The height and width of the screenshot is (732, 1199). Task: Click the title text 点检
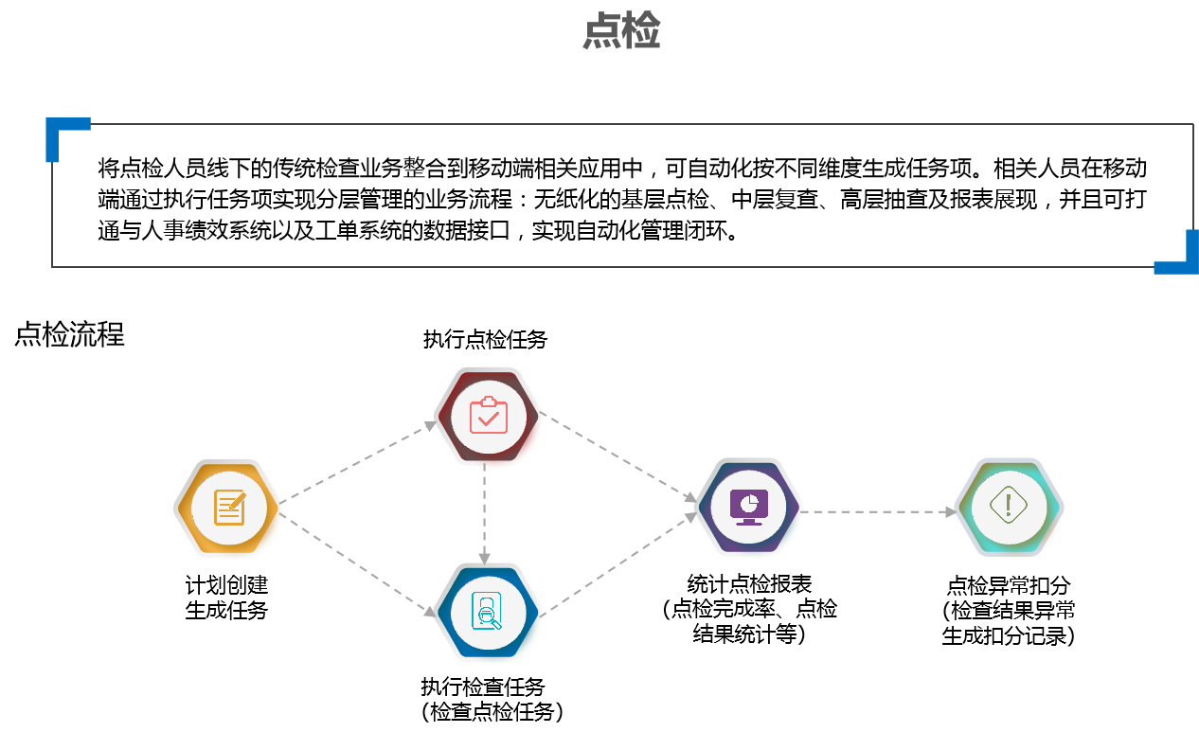(x=621, y=31)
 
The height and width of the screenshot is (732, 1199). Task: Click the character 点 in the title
(x=601, y=31)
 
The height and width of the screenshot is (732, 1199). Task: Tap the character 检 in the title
(x=641, y=31)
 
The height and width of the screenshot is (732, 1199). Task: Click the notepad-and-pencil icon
(x=229, y=508)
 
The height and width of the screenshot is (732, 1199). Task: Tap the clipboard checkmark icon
(x=489, y=415)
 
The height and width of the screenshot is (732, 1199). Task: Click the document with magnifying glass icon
(x=488, y=611)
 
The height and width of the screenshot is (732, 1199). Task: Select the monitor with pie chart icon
(x=749, y=506)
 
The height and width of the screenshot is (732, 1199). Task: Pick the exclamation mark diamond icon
(x=1009, y=505)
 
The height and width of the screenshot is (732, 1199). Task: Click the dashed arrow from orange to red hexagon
(x=358, y=463)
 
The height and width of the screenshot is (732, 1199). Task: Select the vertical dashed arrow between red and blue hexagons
(x=484, y=513)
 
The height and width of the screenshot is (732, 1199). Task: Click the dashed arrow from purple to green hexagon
(x=879, y=511)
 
